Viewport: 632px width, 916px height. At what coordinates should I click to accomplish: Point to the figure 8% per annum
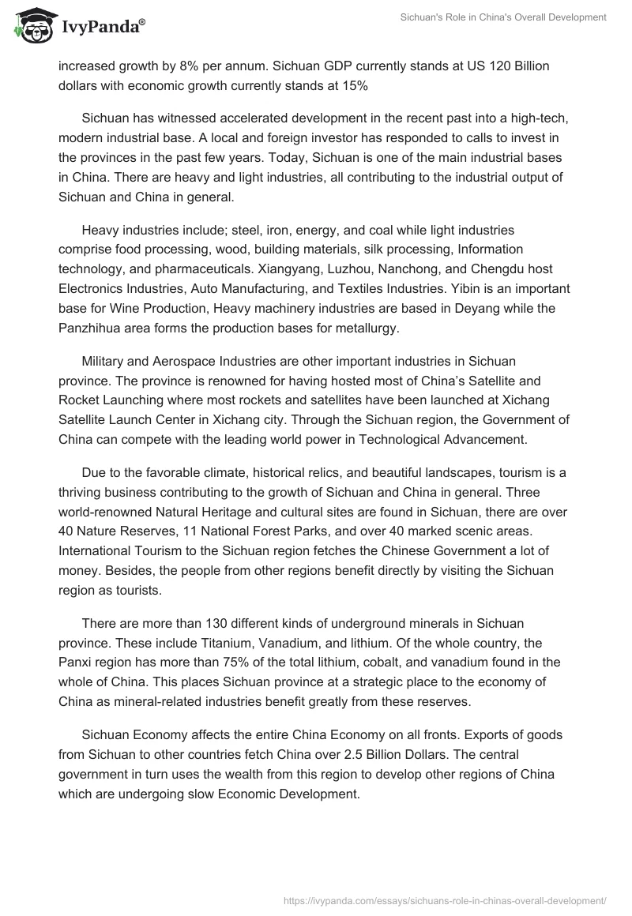(201, 66)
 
